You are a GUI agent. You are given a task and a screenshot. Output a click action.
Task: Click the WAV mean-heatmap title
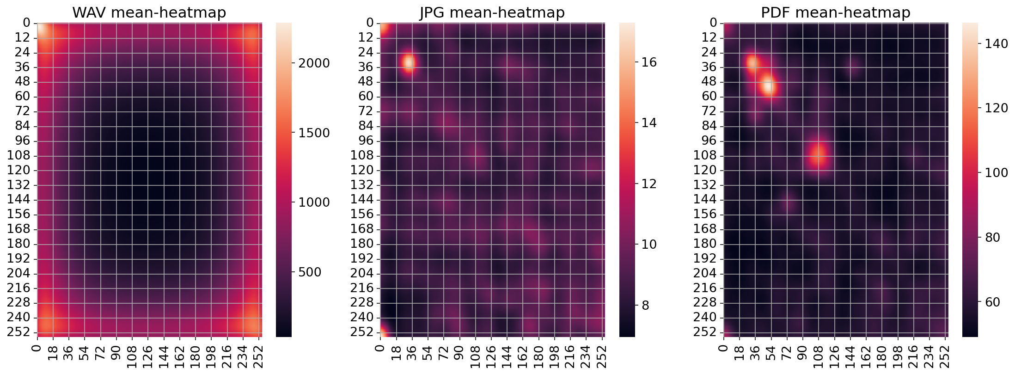click(x=149, y=12)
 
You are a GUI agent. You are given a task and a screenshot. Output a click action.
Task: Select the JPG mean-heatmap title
click(x=492, y=12)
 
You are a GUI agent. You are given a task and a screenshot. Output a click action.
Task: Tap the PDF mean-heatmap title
click(x=835, y=12)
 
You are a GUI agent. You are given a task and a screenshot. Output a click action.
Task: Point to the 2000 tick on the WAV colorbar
click(x=314, y=63)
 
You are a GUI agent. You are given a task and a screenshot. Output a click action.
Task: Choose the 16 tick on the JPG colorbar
click(x=649, y=62)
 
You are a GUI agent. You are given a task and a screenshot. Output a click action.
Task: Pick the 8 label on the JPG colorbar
click(x=645, y=305)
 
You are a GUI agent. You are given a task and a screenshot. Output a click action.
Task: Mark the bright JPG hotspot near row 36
click(x=409, y=62)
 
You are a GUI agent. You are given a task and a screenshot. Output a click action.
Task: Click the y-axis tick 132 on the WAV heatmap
click(x=19, y=185)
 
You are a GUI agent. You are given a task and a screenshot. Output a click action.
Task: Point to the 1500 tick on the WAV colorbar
click(x=314, y=133)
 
